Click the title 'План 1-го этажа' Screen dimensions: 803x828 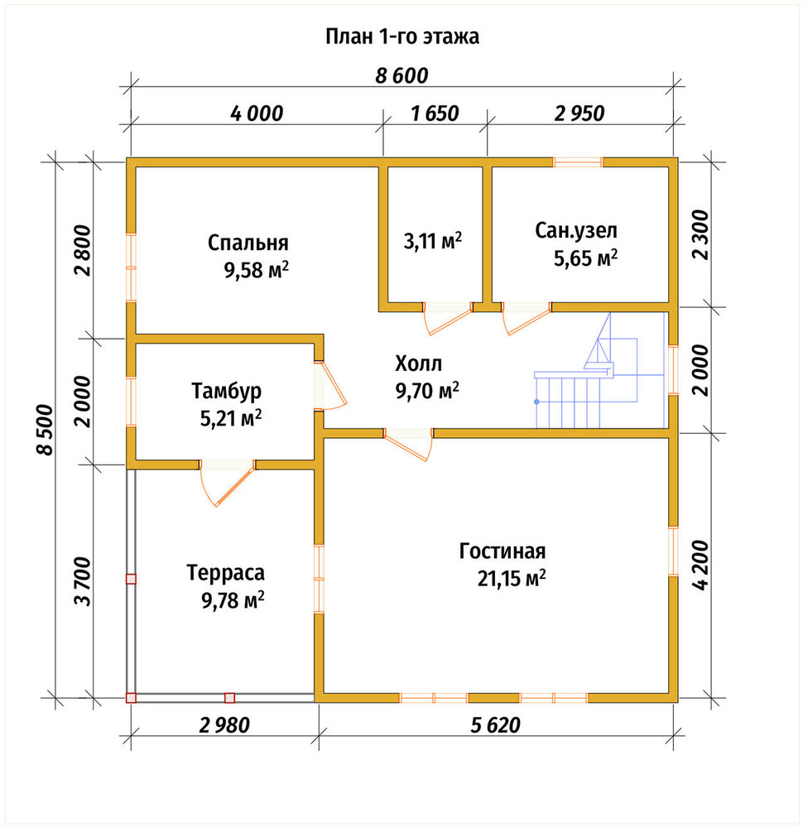click(x=402, y=37)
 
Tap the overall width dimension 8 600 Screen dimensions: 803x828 click(x=401, y=76)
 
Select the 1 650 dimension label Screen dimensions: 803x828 click(x=435, y=113)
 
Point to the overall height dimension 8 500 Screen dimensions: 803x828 click(x=46, y=429)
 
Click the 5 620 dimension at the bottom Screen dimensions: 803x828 click(x=496, y=725)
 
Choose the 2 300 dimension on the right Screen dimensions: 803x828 click(x=700, y=234)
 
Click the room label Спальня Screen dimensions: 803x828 click(x=248, y=243)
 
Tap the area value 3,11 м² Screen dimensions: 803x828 click(x=433, y=241)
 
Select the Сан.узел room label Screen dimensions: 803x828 click(x=576, y=231)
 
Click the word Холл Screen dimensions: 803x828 click(x=418, y=363)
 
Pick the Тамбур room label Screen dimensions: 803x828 click(x=226, y=392)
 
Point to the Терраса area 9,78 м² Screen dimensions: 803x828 click(x=233, y=600)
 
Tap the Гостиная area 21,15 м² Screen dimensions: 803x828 click(x=512, y=579)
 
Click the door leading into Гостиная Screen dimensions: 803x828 click(x=409, y=442)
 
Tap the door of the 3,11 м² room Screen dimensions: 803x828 click(x=448, y=317)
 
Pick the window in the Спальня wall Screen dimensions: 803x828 click(x=131, y=267)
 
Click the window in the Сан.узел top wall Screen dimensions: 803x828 click(x=578, y=162)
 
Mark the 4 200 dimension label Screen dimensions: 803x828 click(x=700, y=565)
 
